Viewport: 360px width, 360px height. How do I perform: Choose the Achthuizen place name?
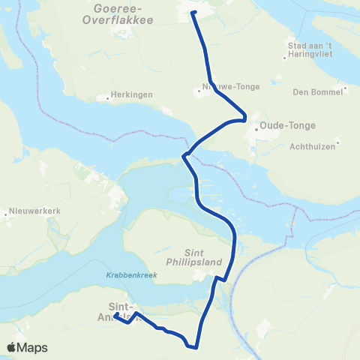point(313,146)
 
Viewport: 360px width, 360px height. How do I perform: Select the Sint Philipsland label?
point(205,258)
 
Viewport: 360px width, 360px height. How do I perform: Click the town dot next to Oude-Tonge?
point(256,127)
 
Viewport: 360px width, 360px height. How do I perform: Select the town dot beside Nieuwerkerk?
point(7,214)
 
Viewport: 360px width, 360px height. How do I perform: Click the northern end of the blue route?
point(193,13)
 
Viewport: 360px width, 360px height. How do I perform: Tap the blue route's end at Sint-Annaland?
point(116,317)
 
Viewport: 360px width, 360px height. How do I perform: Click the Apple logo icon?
point(13,347)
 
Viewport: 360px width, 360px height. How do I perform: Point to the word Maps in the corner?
point(34,348)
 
